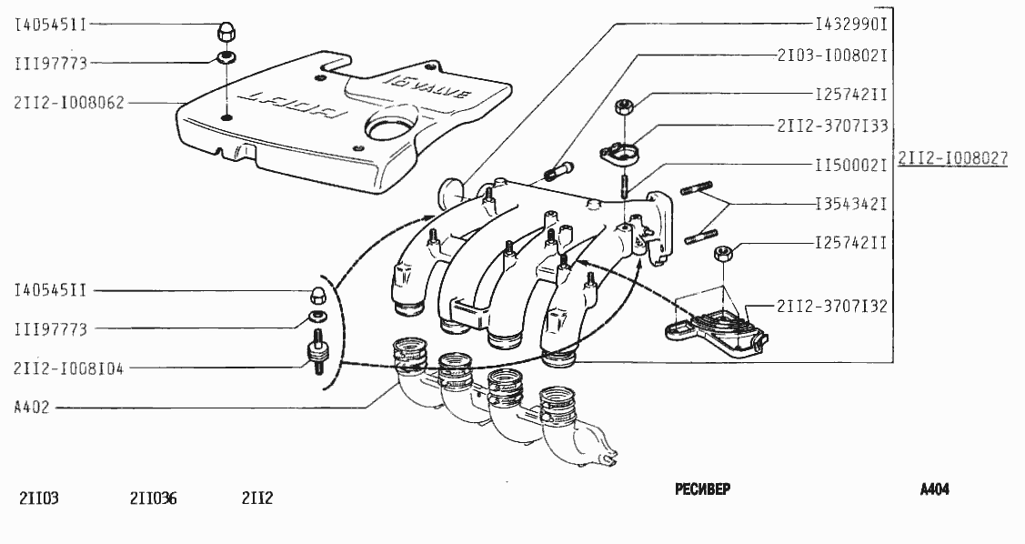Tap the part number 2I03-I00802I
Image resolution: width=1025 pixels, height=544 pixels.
pos(831,55)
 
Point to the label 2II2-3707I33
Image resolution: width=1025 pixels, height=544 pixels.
pos(831,126)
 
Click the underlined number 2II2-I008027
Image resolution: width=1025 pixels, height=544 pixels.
pos(952,158)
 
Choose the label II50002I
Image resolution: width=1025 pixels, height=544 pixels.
pos(850,166)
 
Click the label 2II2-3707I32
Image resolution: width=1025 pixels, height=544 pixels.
pos(831,307)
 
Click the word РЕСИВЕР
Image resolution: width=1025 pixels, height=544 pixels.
pos(702,489)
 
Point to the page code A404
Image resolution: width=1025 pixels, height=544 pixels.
pos(934,489)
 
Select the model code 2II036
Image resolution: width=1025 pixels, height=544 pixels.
pos(154,498)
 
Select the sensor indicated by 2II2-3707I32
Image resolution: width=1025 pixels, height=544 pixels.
pos(719,326)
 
